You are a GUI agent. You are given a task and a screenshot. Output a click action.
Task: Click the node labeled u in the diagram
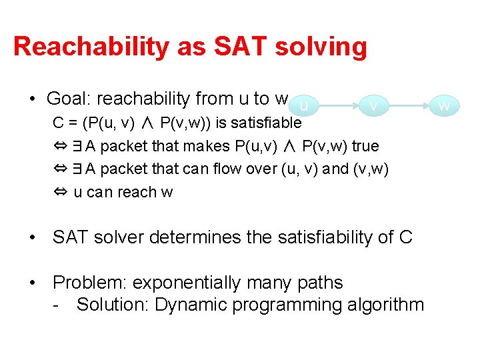click(303, 105)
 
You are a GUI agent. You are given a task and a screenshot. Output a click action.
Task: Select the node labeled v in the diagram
click(374, 105)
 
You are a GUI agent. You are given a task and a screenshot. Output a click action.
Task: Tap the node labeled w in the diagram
click(445, 105)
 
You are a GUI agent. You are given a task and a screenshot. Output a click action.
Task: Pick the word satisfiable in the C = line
click(265, 123)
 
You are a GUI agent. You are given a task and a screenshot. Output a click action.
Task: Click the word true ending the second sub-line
click(365, 146)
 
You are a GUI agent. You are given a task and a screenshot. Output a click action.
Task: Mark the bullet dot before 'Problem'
click(33, 283)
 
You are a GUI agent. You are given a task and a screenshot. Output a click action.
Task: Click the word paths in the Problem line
click(318, 283)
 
